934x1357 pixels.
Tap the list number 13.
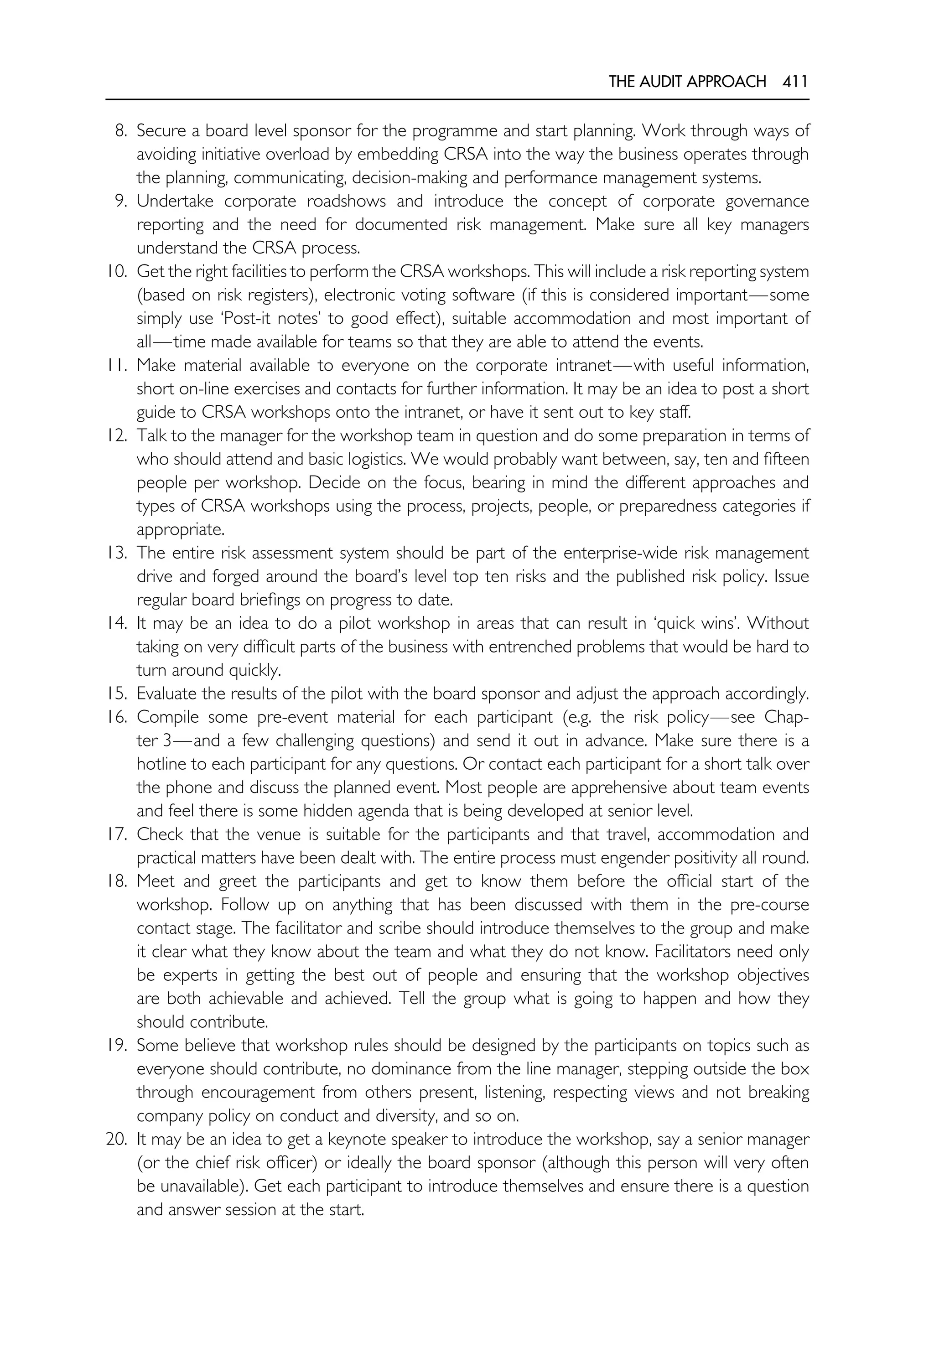(x=116, y=553)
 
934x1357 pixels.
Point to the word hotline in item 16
(x=165, y=764)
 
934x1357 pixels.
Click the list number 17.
(x=116, y=834)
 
